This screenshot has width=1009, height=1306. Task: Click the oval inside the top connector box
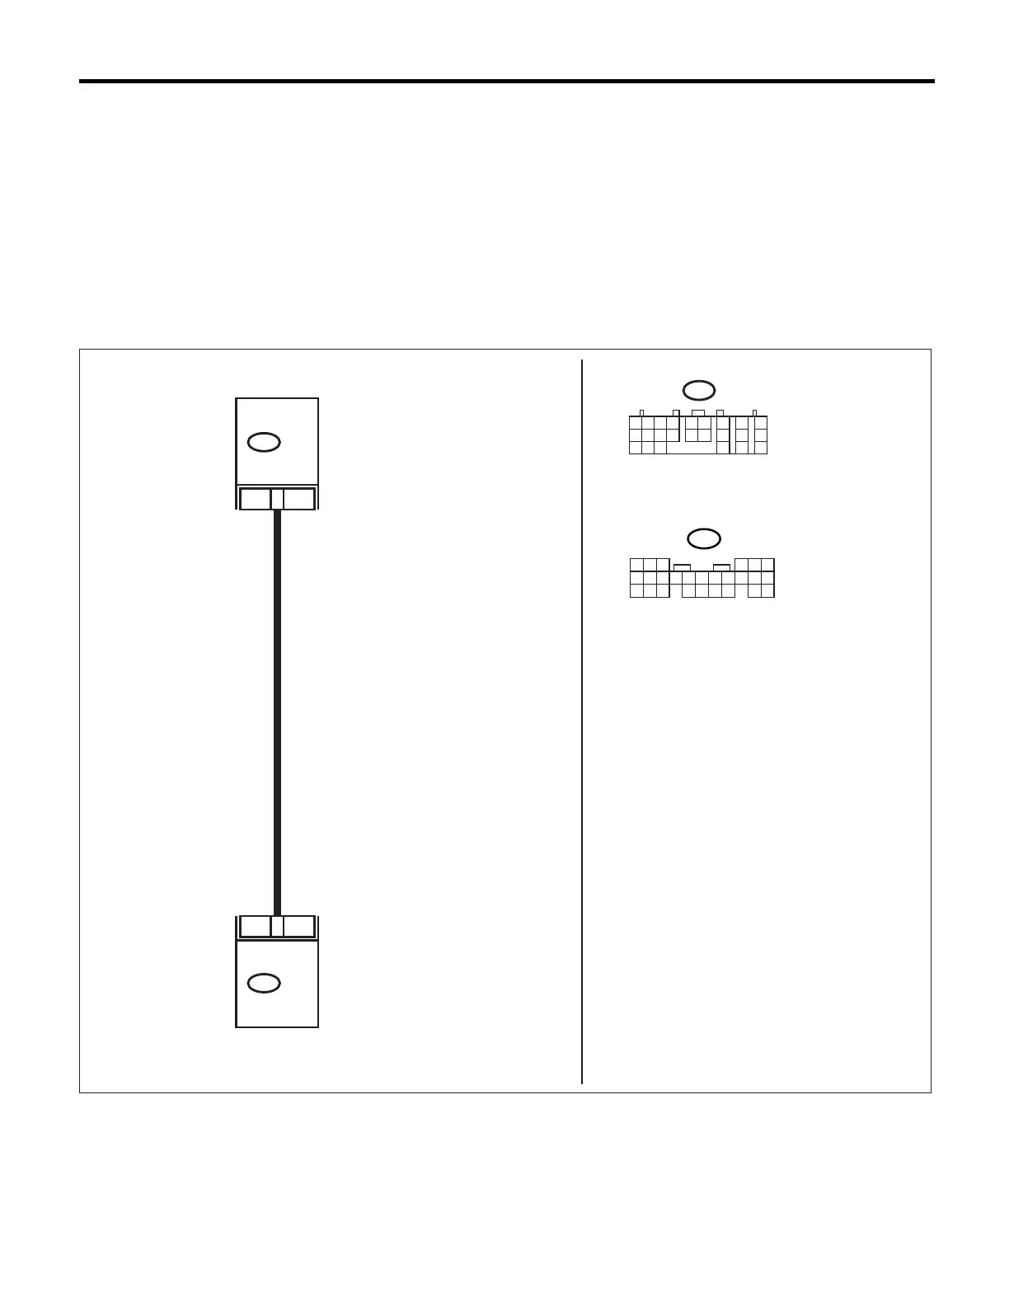tap(264, 442)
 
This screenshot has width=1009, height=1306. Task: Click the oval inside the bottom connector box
tap(264, 983)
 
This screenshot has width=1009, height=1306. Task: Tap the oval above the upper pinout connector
tap(698, 390)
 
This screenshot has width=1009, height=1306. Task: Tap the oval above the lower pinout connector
tap(703, 538)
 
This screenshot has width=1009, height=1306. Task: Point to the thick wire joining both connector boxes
tap(277, 709)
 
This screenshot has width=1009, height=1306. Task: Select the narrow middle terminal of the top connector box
tap(277, 499)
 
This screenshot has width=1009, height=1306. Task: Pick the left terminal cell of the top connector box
tap(255, 499)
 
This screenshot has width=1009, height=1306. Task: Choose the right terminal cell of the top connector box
tap(298, 499)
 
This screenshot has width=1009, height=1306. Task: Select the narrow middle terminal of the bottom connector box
tap(277, 926)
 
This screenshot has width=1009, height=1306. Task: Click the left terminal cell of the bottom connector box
tap(255, 926)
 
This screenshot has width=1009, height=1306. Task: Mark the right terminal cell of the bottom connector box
tap(298, 926)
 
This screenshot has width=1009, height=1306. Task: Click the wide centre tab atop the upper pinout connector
tap(697, 413)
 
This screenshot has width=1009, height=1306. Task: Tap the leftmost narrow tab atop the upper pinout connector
tap(641, 413)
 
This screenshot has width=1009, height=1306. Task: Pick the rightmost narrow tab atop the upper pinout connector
tap(754, 413)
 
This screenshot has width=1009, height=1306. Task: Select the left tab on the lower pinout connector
tap(682, 567)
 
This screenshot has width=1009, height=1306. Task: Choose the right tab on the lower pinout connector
tap(721, 567)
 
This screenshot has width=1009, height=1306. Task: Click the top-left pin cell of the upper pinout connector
tap(636, 423)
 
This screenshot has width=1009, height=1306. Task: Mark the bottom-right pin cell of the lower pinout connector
tap(767, 590)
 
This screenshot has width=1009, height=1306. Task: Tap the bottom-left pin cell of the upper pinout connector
tap(636, 448)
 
